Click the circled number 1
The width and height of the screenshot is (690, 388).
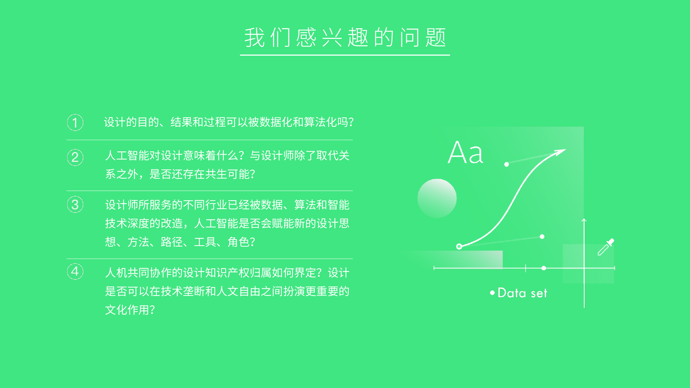(x=75, y=123)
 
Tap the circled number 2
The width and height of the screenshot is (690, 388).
(x=75, y=157)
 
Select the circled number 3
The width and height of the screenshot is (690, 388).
(x=75, y=205)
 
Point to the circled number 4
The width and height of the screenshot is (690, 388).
(x=75, y=271)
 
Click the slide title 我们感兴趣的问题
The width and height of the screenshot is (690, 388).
(x=345, y=37)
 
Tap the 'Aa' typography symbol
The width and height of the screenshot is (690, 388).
(x=465, y=153)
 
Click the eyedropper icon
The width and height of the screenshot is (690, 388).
(x=606, y=247)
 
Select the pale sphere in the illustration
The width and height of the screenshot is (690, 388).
(x=437, y=198)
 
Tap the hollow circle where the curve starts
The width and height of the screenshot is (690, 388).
(x=459, y=246)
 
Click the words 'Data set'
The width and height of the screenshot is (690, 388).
(x=522, y=293)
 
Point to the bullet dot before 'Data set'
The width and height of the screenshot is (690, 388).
(x=492, y=293)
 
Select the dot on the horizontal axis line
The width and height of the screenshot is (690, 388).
(x=544, y=268)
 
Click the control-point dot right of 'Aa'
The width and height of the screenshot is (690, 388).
(x=506, y=164)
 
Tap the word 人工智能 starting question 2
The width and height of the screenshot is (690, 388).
(x=127, y=156)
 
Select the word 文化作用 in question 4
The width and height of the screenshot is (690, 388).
(x=127, y=310)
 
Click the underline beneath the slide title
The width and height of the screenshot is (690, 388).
(x=345, y=55)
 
